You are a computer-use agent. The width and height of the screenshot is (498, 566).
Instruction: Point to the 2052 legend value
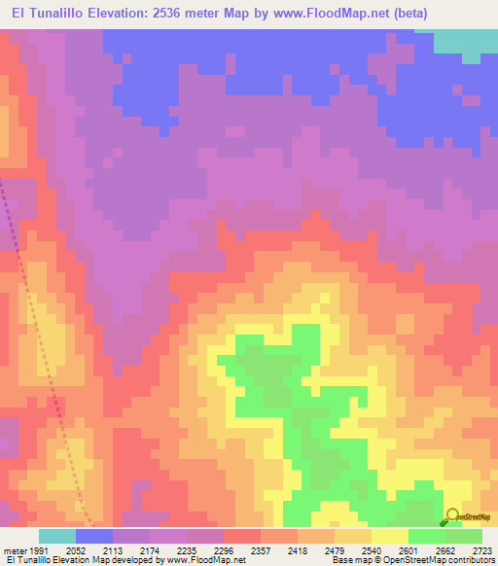[76, 549]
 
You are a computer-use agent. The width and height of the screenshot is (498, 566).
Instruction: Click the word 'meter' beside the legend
[14, 549]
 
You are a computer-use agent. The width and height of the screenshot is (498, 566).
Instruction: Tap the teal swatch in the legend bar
[57, 536]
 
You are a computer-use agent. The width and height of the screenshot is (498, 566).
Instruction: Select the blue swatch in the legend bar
[94, 536]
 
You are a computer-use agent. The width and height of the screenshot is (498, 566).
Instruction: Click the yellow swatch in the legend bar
[390, 536]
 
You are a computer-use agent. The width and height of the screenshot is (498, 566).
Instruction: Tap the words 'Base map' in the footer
[348, 560]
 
